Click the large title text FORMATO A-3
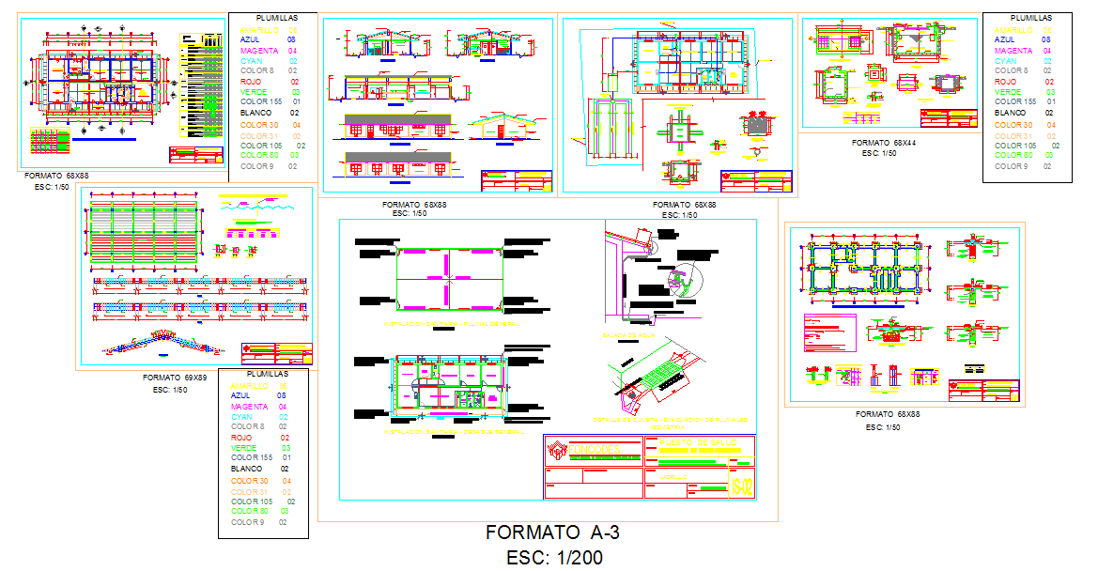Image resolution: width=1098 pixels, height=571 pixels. pos(552,532)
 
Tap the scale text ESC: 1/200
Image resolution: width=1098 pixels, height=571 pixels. pos(554,557)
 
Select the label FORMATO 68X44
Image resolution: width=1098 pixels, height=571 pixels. pos(883,143)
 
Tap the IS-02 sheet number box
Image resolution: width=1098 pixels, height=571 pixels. pos(740,486)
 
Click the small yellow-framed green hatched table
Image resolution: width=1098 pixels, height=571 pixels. pos(50,141)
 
